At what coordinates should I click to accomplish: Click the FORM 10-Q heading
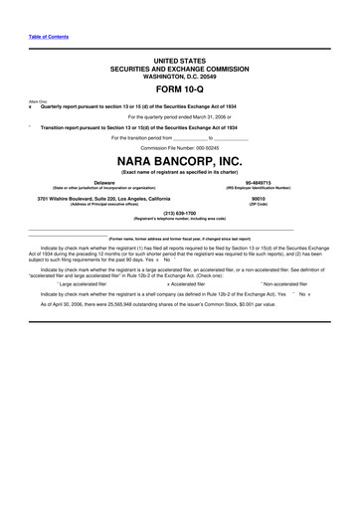tap(180, 88)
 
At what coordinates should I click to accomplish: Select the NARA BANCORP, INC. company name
tap(180, 160)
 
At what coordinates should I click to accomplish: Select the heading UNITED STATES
tap(180, 62)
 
